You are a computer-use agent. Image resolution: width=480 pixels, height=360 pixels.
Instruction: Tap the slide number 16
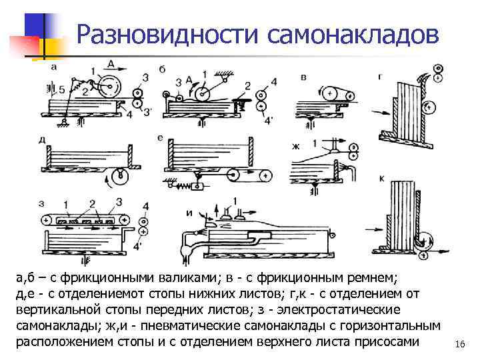pos(459,344)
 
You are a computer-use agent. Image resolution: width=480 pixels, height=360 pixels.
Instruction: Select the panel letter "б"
pos(162,70)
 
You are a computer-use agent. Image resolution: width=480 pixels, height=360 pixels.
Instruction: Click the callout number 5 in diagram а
pos(62,89)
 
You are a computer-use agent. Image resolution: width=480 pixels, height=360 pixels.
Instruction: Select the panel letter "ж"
pos(296,145)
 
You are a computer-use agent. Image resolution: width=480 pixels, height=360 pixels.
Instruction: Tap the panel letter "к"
pos(381,177)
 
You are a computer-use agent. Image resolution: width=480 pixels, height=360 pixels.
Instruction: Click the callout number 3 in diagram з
pos(119,202)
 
